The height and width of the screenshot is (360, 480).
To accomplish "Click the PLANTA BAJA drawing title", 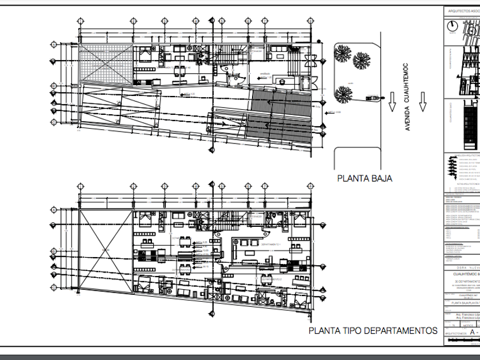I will tap(365, 178).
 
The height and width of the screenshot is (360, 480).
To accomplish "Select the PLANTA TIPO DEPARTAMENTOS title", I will tap(373, 330).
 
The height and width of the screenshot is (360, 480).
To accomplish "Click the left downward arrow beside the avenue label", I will tap(392, 102).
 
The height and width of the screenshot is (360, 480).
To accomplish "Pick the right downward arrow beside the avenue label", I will tap(423, 102).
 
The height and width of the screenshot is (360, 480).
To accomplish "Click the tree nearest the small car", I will tap(342, 94).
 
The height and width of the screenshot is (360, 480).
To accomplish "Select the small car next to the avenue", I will tap(373, 98).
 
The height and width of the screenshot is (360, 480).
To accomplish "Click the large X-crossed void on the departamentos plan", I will tap(105, 250).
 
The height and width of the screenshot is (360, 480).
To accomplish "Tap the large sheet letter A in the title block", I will tap(472, 330).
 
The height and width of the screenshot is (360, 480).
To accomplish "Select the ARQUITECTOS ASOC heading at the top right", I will tap(463, 10).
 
